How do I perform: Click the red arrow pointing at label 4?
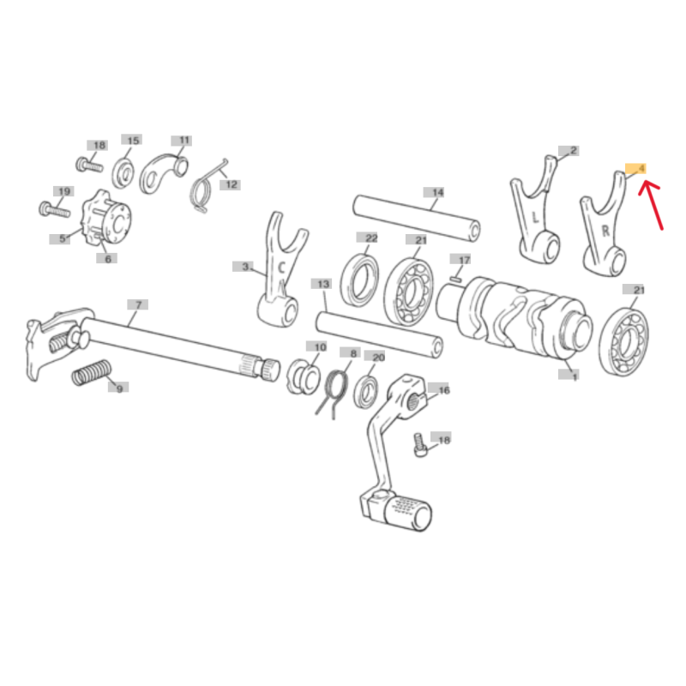[651, 205]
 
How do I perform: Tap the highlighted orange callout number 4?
[635, 169]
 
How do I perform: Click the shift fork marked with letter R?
[605, 225]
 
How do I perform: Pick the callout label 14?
[434, 192]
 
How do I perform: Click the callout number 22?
[367, 238]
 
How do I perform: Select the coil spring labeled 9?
[91, 373]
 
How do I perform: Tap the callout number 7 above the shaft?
[138, 305]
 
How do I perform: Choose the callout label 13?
[322, 285]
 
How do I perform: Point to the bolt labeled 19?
[55, 209]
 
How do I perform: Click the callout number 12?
[231, 185]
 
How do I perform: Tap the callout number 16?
[439, 390]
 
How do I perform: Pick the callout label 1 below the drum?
[569, 375]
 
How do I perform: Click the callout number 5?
[60, 239]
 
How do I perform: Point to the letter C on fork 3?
[281, 268]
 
